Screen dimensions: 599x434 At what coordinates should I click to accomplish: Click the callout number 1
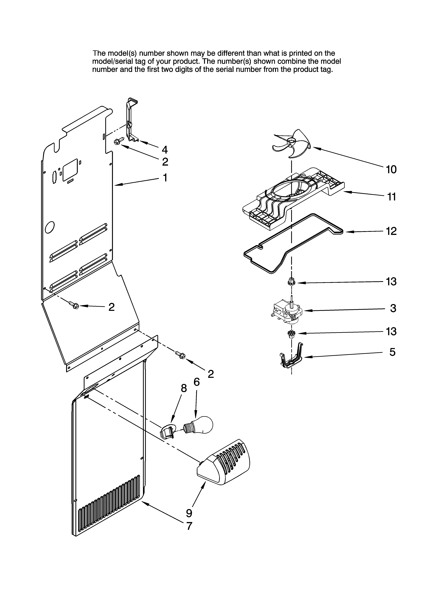[165, 178]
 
